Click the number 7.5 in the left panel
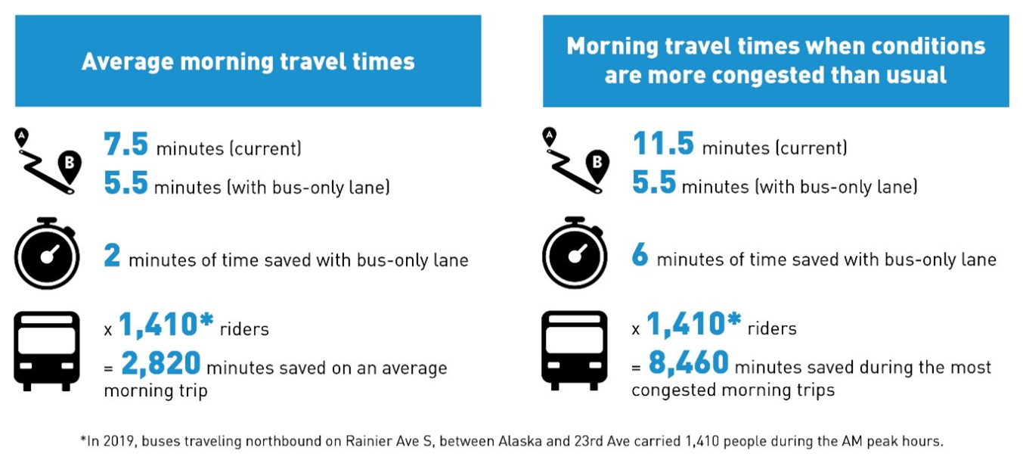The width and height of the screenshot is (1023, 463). [126, 144]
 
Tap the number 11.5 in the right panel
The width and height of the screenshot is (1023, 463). [662, 143]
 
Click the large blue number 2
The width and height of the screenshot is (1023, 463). [112, 257]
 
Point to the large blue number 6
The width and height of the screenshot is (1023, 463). [640, 257]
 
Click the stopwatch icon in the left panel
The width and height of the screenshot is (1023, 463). [47, 253]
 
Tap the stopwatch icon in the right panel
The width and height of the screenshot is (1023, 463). [575, 253]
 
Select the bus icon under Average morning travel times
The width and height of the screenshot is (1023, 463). [47, 350]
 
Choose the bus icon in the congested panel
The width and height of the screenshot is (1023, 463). [575, 350]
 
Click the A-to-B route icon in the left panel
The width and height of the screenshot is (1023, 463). [47, 161]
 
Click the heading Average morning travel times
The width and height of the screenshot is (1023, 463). [248, 61]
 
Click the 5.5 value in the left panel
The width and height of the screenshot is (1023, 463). [126, 184]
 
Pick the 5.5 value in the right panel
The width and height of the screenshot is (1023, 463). [653, 184]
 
